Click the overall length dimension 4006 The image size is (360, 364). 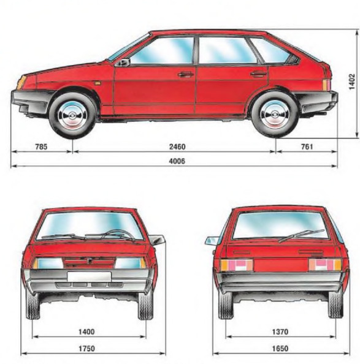pos(177,161)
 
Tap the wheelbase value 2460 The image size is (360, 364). pos(177,146)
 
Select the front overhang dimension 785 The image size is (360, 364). pos(41,146)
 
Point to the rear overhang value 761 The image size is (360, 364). pos(307,146)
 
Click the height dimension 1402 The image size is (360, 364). pos(351,82)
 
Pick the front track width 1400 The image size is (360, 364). pos(86,332)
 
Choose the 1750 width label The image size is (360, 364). pos(86,349)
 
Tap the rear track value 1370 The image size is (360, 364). pos(280,332)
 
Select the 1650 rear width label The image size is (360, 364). pos(280,349)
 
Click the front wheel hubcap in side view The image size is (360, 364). pos(72,115)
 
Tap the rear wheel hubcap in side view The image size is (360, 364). pos(275,115)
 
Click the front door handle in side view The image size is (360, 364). pos(186,74)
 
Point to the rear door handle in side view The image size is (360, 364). pos(258,74)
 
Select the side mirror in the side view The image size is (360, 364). pos(126,63)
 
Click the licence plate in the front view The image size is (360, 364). pos(89,276)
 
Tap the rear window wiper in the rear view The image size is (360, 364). pos(301,236)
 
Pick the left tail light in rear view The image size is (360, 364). pos(237,265)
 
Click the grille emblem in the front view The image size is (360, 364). pos(89,261)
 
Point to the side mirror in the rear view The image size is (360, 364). pos(212,241)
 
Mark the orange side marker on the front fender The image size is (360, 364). pos(98,82)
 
